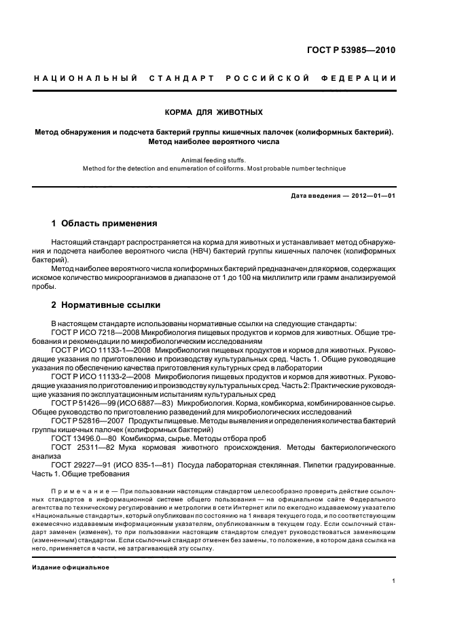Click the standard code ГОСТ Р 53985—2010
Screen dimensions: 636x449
(353, 50)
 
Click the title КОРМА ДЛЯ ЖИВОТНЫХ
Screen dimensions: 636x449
(214, 111)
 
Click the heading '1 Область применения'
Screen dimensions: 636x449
(105, 223)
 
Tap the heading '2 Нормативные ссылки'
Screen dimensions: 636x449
(106, 305)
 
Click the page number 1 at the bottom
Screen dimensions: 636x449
(394, 581)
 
